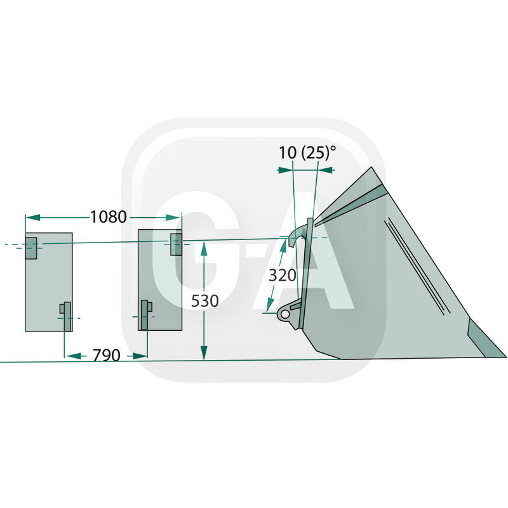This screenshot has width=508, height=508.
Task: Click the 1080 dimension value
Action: pyautogui.click(x=108, y=217)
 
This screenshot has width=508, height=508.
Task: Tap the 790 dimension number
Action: pyautogui.click(x=107, y=356)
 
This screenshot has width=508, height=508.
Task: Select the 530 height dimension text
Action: pyautogui.click(x=204, y=301)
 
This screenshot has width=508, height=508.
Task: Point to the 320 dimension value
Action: pyautogui.click(x=283, y=276)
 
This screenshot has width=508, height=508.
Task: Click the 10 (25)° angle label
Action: pyautogui.click(x=307, y=152)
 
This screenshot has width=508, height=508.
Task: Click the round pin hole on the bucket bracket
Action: pyautogui.click(x=285, y=314)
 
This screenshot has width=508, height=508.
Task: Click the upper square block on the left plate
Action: pyautogui.click(x=31, y=248)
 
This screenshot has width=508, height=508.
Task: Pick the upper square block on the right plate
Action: pyautogui.click(x=177, y=244)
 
